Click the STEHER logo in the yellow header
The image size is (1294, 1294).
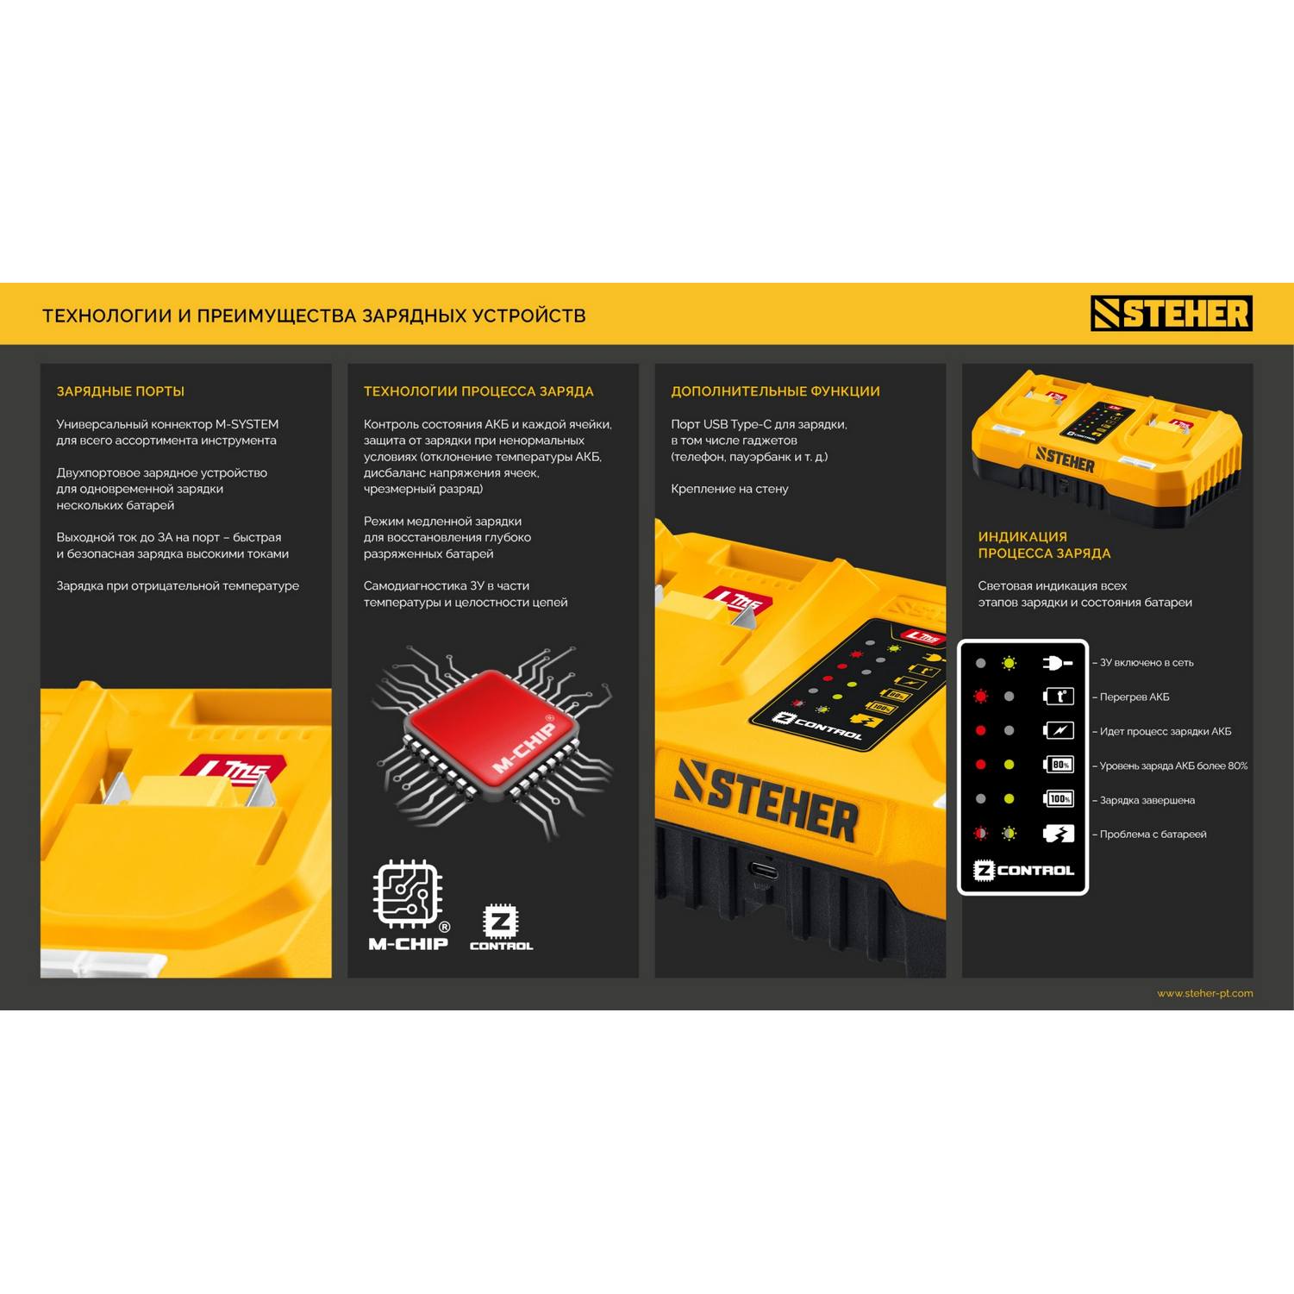(1172, 313)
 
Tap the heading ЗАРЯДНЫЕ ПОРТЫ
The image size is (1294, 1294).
(121, 391)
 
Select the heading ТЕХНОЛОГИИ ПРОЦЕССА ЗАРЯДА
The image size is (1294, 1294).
(478, 391)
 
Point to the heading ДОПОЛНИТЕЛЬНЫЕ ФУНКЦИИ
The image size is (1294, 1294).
(775, 391)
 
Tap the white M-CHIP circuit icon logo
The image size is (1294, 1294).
(409, 905)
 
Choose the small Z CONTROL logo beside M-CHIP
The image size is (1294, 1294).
(501, 927)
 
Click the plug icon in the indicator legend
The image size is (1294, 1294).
(1058, 662)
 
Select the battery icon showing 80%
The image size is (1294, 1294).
(1059, 765)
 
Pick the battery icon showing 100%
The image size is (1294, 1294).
(1059, 799)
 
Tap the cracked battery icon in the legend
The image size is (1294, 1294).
(1059, 834)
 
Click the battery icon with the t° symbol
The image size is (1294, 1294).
(1059, 697)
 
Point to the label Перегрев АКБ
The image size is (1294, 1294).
(1135, 697)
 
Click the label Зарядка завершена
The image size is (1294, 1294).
(1147, 800)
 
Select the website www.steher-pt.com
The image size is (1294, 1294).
(1204, 993)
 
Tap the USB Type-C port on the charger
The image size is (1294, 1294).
(762, 870)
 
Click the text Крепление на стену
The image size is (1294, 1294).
(729, 489)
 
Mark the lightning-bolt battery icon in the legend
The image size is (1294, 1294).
(1059, 730)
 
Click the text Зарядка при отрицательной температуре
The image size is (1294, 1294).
(178, 586)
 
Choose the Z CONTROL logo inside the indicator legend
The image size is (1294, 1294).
(1023, 870)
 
